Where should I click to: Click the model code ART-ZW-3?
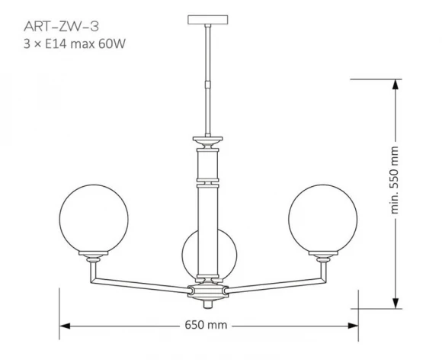62,27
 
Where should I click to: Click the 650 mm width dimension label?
206,325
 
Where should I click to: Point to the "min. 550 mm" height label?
395,180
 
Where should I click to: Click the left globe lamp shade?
94,218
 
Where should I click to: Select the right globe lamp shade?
323,218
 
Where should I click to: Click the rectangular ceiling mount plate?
208,20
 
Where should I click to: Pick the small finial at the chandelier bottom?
208,304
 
